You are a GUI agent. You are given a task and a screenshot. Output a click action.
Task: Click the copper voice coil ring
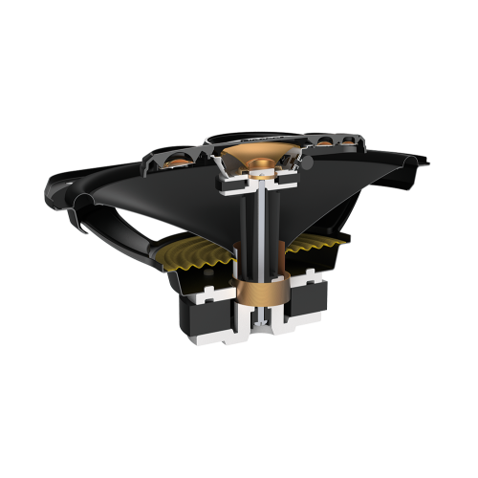click(255, 287)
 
